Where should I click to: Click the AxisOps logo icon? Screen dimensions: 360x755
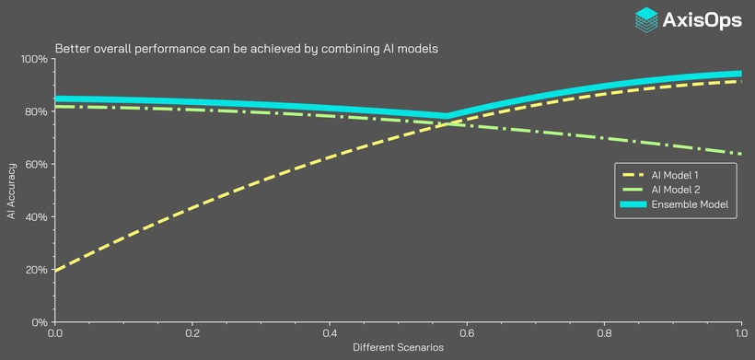pos(647,20)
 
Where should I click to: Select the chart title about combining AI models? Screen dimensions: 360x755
pos(247,48)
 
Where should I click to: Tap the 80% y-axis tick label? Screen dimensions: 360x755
pos(36,112)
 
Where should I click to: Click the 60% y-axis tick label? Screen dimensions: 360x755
pos(36,165)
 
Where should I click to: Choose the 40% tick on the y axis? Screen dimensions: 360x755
pos(36,217)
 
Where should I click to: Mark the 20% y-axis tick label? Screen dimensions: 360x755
pos(36,270)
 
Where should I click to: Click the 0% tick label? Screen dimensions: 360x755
pos(39,322)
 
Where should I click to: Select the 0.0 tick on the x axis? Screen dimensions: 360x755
pos(55,334)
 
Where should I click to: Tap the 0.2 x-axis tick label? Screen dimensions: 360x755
pos(192,334)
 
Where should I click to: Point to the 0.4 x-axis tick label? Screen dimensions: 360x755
pos(330,334)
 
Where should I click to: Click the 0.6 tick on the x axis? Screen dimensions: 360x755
pos(467,334)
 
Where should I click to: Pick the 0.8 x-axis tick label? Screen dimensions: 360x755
pos(604,334)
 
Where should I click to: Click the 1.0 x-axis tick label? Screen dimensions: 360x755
pos(740,334)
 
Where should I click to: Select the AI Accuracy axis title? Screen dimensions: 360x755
pos(12,191)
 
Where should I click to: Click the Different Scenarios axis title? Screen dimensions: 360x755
pos(398,348)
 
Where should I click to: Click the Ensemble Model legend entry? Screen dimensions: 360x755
pos(676,204)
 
